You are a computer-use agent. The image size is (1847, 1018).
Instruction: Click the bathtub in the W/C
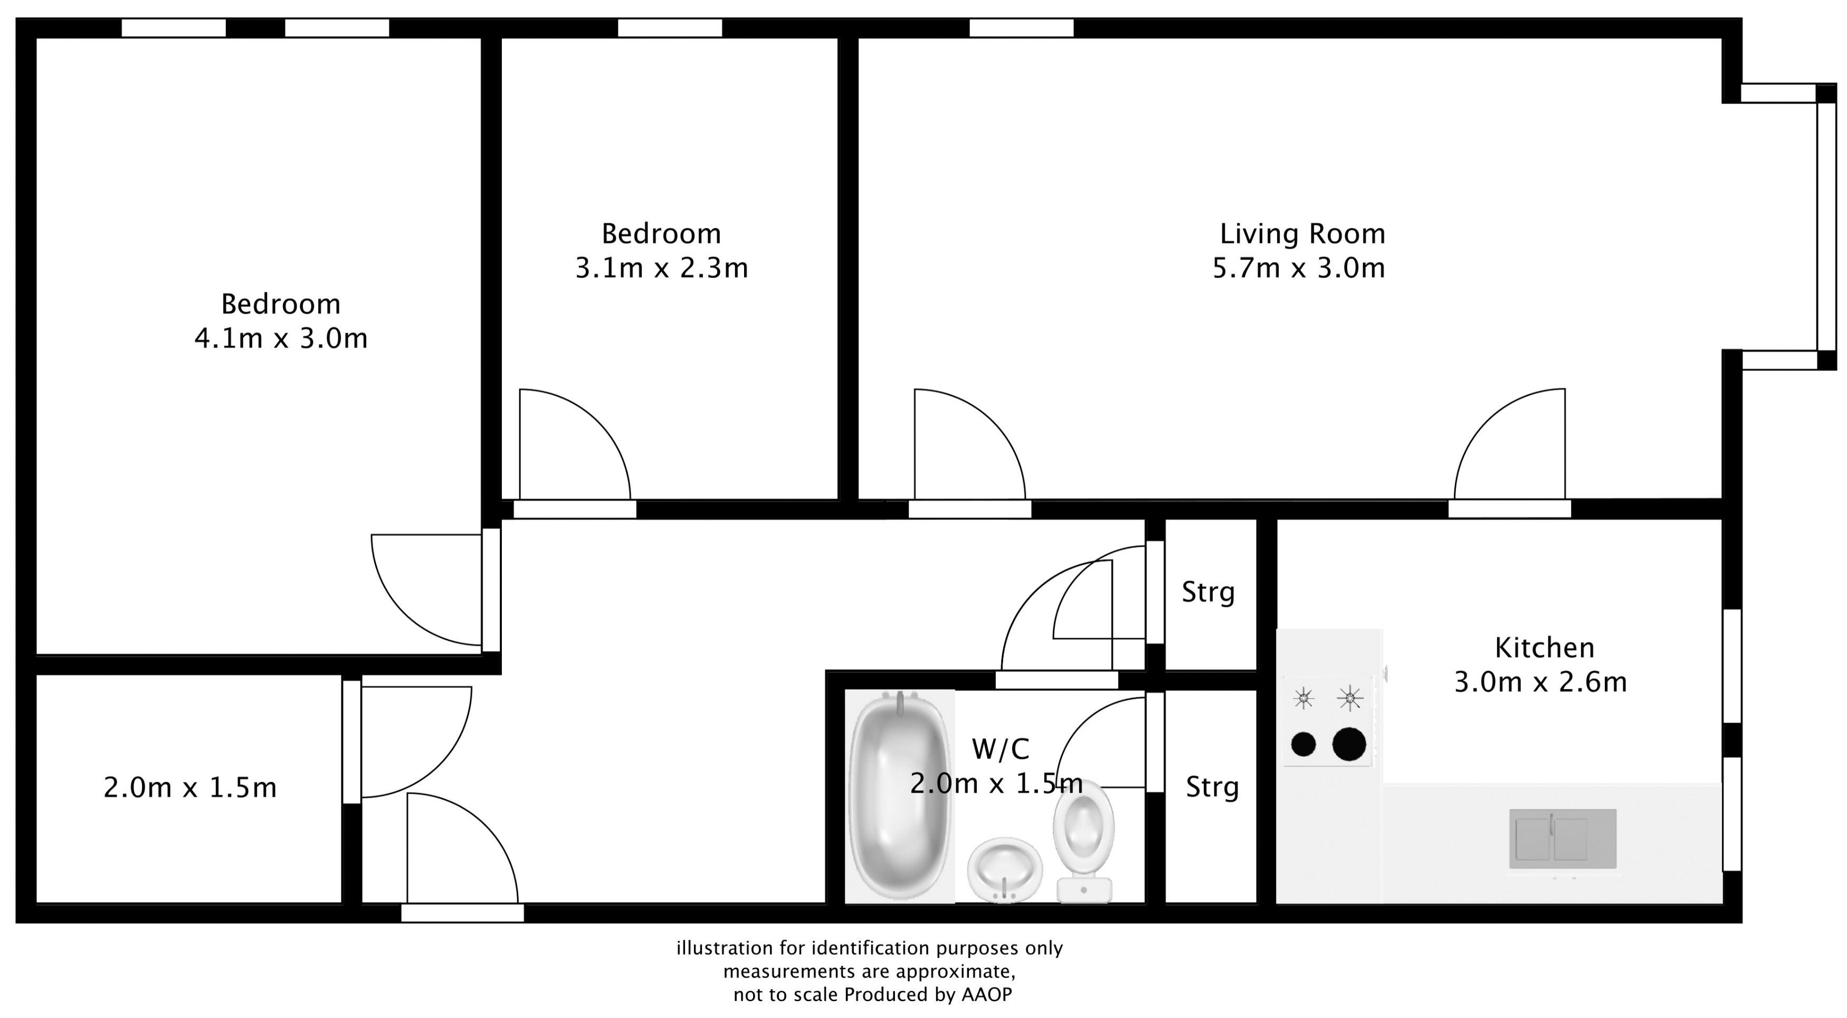tap(900, 796)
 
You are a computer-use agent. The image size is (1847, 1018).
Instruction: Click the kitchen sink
tap(1563, 839)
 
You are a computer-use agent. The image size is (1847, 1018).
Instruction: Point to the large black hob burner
tap(1349, 744)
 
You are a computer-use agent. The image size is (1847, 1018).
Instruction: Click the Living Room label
tap(1302, 234)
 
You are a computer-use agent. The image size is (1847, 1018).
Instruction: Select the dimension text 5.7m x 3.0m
tap(1299, 268)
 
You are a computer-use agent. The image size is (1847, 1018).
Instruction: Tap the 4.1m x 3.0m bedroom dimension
tap(281, 338)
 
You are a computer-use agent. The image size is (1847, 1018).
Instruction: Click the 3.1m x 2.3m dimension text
tap(661, 268)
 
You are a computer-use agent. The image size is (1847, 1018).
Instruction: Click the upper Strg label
tap(1208, 592)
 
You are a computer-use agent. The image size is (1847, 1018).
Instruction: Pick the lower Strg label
tap(1212, 787)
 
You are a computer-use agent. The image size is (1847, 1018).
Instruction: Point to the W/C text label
tap(1000, 749)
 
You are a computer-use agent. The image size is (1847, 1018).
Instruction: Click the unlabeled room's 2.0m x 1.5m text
tap(190, 788)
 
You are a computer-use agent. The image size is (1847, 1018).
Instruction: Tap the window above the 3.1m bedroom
tap(670, 28)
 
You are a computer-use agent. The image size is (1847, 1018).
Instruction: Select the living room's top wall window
tap(1021, 28)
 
